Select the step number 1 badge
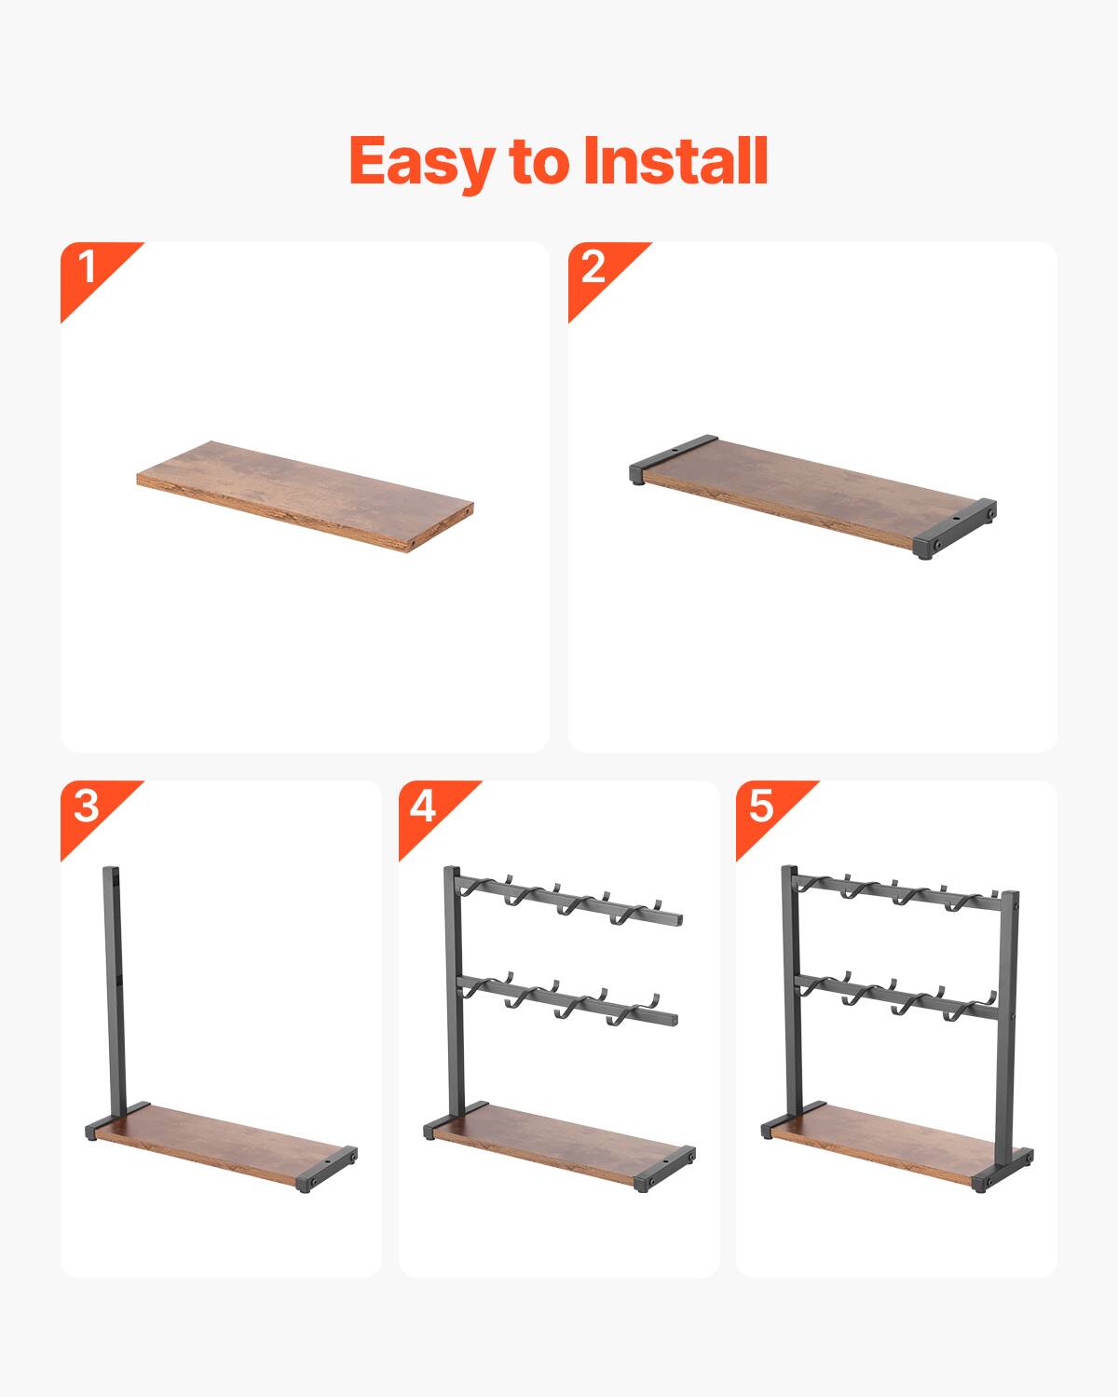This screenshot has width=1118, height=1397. (x=88, y=267)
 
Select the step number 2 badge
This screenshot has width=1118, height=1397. (x=593, y=267)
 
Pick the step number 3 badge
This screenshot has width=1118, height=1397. (x=86, y=806)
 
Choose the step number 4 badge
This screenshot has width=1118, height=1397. (x=423, y=806)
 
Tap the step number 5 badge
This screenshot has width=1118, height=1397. (x=761, y=806)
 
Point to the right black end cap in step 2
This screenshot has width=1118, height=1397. (x=956, y=527)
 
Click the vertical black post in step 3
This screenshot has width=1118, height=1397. (x=111, y=987)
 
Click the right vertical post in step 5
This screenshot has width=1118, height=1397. (x=1010, y=1024)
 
